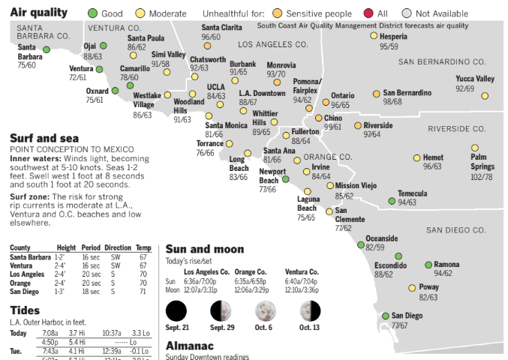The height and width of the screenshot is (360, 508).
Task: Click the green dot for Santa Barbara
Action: point(47,49)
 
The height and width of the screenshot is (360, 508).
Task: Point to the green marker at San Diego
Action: point(386,316)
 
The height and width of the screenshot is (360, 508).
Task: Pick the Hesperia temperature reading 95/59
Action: point(388,46)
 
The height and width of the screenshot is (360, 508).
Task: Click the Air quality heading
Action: point(38,12)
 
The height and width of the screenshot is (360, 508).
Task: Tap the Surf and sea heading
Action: point(44,138)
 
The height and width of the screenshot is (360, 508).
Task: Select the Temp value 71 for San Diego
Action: point(143,292)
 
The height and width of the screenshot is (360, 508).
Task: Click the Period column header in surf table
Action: point(91,247)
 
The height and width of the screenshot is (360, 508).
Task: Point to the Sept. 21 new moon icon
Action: point(176,310)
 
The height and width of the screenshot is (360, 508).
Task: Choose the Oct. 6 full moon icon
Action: point(264,310)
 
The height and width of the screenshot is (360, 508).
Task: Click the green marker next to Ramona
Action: point(428,265)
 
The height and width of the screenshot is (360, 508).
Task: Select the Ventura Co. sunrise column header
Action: point(302,271)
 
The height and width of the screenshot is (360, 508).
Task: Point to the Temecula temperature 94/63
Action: point(407,202)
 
